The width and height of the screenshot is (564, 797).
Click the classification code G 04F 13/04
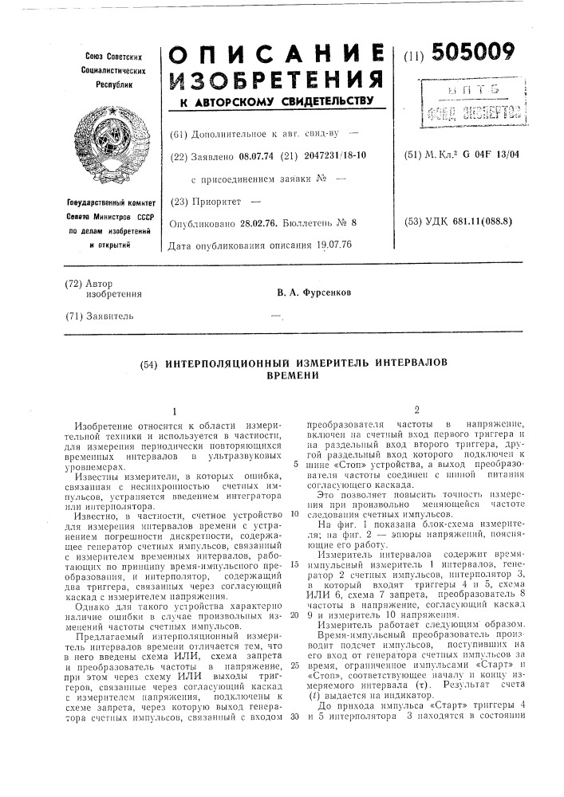[487, 154]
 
